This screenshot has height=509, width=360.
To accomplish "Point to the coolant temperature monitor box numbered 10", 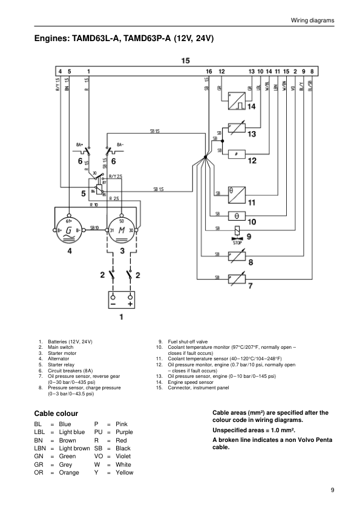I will click(237, 215).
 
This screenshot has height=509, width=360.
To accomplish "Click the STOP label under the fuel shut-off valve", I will click(237, 241).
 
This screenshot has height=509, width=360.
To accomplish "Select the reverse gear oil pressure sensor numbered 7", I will click(237, 278).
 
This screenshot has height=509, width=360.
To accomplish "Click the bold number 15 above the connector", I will click(185, 60).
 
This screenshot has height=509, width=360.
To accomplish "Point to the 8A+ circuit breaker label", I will click(81, 144).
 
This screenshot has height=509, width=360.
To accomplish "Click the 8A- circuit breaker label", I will click(120, 144).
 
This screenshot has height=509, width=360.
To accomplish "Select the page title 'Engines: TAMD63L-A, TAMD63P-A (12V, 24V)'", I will click(124, 40).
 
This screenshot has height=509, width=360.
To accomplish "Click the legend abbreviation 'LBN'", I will click(41, 449).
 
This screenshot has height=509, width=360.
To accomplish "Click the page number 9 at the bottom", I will click(332, 490).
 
